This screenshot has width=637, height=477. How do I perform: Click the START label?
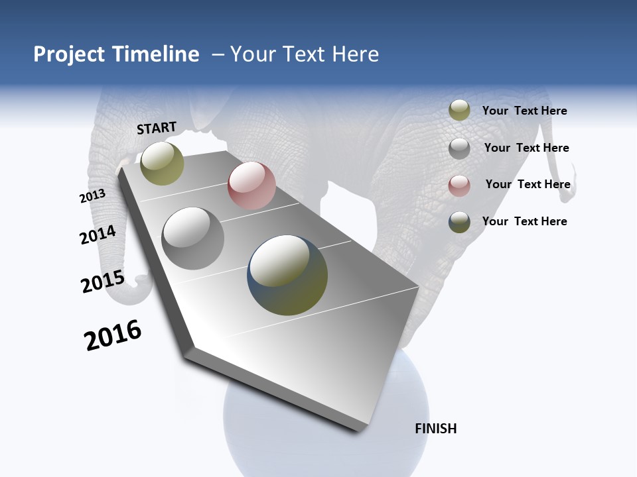tap(157, 128)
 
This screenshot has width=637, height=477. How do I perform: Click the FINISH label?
tap(436, 429)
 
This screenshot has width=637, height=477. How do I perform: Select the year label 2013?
tap(92, 196)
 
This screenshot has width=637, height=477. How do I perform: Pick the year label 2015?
tap(103, 282)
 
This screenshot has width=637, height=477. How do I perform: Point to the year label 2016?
tap(113, 335)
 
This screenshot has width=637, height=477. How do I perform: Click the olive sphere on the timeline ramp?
tap(162, 163)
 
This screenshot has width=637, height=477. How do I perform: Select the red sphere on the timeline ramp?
tap(251, 185)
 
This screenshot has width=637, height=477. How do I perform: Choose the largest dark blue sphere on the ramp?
tap(287, 275)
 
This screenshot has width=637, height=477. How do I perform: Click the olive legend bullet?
tap(459, 111)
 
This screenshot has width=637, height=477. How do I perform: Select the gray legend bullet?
tap(459, 148)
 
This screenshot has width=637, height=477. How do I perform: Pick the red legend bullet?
tap(459, 185)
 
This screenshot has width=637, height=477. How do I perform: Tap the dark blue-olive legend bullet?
tap(459, 222)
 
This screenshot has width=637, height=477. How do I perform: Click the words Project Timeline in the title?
tap(116, 54)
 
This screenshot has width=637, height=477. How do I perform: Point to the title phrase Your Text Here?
tap(305, 54)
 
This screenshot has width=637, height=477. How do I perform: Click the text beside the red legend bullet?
tap(528, 184)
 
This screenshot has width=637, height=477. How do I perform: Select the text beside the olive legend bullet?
tap(524, 111)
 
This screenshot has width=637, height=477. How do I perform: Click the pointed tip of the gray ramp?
tap(362, 429)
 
